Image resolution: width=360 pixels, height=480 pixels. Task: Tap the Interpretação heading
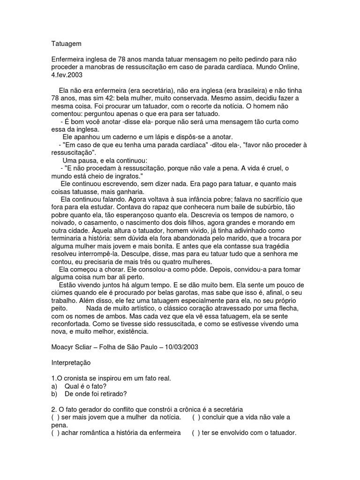click(x=71, y=363)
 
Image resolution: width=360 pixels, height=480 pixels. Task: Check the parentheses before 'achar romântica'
click(x=55, y=433)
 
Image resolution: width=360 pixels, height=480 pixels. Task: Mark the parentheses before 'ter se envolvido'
click(x=195, y=433)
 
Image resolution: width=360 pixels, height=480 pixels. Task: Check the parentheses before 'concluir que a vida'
click(x=197, y=417)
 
